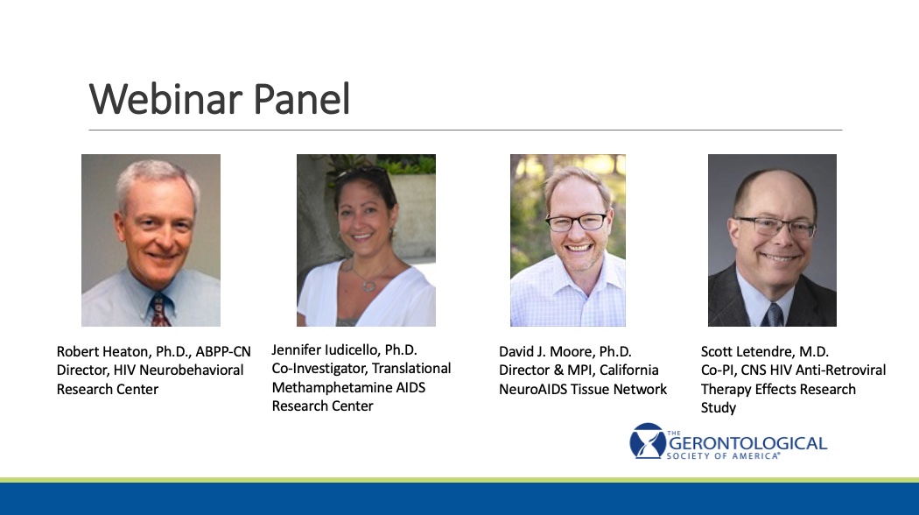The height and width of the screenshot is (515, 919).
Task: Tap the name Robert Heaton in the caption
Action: pyautogui.click(x=102, y=351)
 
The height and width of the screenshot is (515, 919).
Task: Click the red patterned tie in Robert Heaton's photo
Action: pyautogui.click(x=159, y=311)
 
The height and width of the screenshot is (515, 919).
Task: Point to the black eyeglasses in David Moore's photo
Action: pyautogui.click(x=577, y=222)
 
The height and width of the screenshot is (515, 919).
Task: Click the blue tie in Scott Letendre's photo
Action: pyautogui.click(x=773, y=315)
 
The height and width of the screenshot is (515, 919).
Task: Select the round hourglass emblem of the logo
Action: pyautogui.click(x=647, y=441)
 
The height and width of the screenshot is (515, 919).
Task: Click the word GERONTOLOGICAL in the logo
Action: pyautogui.click(x=747, y=443)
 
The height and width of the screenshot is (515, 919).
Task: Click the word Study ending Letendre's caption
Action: pyautogui.click(x=719, y=407)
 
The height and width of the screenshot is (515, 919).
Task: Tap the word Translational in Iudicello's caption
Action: pyautogui.click(x=411, y=369)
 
